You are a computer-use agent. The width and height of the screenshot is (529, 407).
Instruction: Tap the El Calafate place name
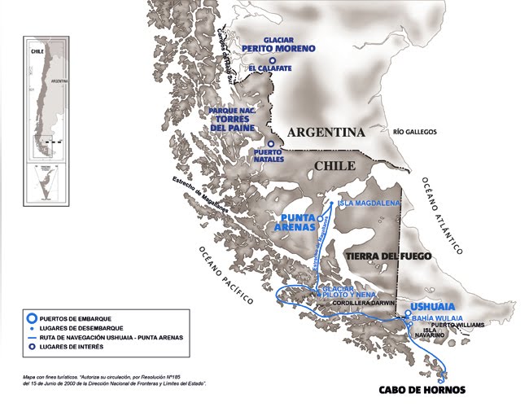point(270,68)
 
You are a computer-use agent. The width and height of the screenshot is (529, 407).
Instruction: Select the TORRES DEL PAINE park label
point(234,123)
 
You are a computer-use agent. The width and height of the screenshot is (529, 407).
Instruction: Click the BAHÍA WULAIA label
point(437,317)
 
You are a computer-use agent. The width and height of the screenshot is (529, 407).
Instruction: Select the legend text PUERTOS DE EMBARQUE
point(85,317)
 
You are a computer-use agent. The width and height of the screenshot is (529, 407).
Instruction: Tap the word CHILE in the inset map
point(36,49)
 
